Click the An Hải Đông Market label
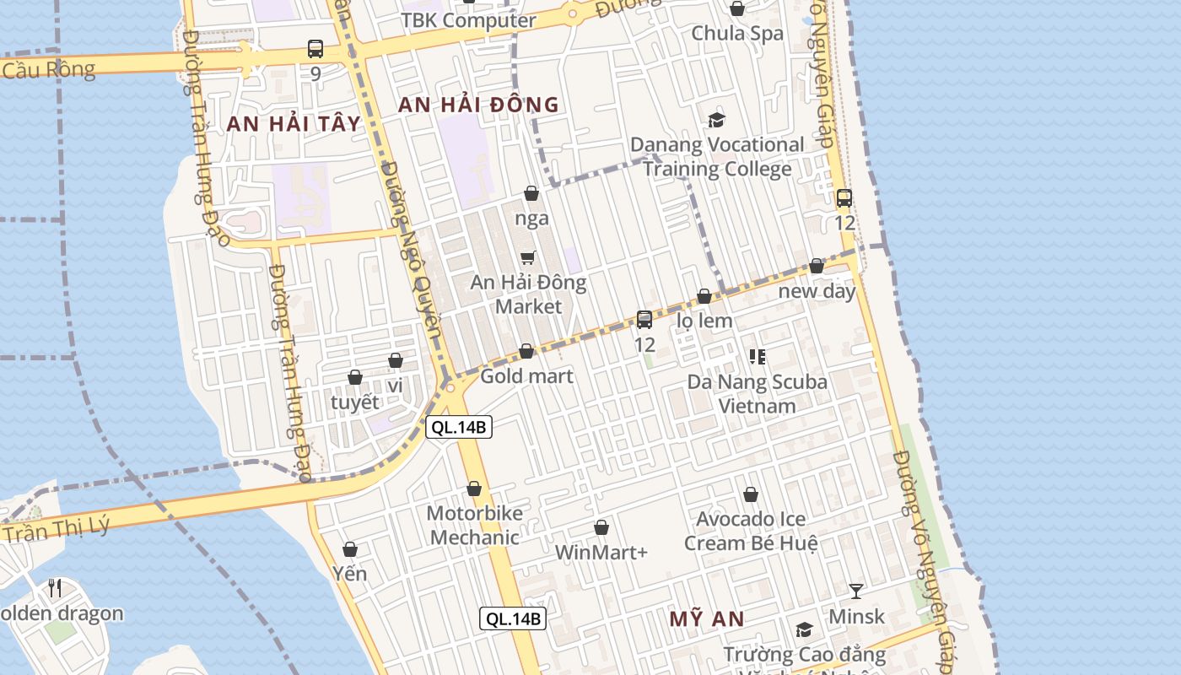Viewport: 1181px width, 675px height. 528,294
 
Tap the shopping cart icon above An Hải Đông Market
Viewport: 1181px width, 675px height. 528,257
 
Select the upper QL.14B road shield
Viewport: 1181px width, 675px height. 458,427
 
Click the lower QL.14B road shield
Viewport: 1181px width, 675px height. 513,618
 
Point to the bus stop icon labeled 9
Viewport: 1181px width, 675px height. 315,49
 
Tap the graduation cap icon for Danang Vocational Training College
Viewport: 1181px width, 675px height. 717,120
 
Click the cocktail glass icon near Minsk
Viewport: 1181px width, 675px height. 856,591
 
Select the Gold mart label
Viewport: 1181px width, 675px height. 526,376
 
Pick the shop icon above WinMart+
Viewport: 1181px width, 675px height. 601,528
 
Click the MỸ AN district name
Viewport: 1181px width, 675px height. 707,618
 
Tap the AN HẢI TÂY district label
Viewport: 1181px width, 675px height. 294,124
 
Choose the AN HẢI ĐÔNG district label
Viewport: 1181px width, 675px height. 478,105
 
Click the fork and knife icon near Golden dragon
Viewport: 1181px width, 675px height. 55,587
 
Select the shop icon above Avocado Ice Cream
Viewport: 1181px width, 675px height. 751,494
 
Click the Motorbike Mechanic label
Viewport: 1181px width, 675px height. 475,525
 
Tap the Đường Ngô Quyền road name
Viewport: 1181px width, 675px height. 410,249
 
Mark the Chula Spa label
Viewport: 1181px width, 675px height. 737,33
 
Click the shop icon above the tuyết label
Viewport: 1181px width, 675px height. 355,377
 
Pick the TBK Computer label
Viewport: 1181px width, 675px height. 468,20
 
